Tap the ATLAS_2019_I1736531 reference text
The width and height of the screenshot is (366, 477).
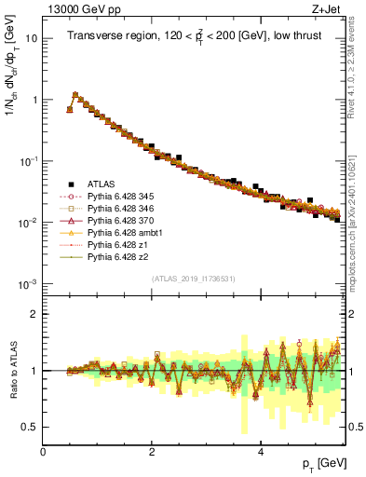pyautogui.click(x=194, y=279)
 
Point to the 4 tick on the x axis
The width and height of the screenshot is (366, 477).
pyautogui.click(x=261, y=450)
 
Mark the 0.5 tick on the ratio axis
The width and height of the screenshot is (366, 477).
pyautogui.click(x=30, y=427)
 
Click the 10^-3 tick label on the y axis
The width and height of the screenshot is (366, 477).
pyautogui.click(x=26, y=283)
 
